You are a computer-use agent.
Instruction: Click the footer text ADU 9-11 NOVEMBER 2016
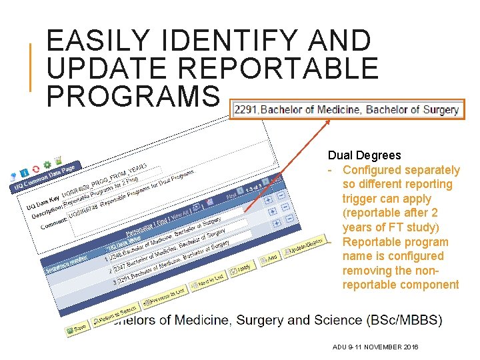tap(375, 347)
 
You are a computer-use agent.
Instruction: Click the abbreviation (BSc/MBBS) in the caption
tap(404, 320)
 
